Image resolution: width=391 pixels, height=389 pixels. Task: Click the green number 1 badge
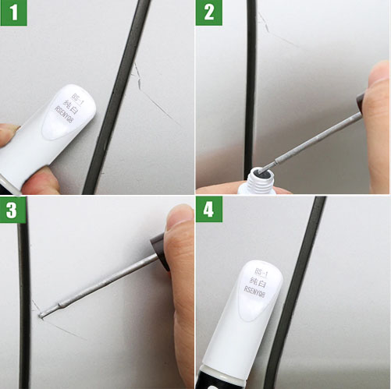tap(13, 13)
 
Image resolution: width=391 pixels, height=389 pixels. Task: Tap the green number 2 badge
tap(208, 13)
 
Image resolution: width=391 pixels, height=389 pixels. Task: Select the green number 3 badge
tap(13, 209)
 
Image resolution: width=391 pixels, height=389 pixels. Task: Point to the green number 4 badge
tap(208, 209)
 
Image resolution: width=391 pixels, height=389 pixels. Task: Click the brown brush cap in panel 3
tap(161, 249)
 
